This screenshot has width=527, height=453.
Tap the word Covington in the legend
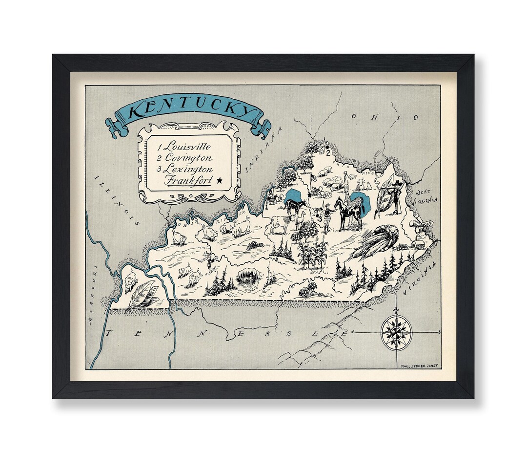pyautogui.click(x=188, y=157)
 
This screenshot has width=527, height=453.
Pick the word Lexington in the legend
pyautogui.click(x=188, y=169)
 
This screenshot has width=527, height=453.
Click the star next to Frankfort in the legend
pyautogui.click(x=219, y=181)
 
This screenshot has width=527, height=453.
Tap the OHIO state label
pyautogui.click(x=385, y=117)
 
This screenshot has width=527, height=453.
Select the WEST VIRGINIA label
pyautogui.click(x=426, y=197)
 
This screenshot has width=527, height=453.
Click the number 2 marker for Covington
pyautogui.click(x=329, y=152)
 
